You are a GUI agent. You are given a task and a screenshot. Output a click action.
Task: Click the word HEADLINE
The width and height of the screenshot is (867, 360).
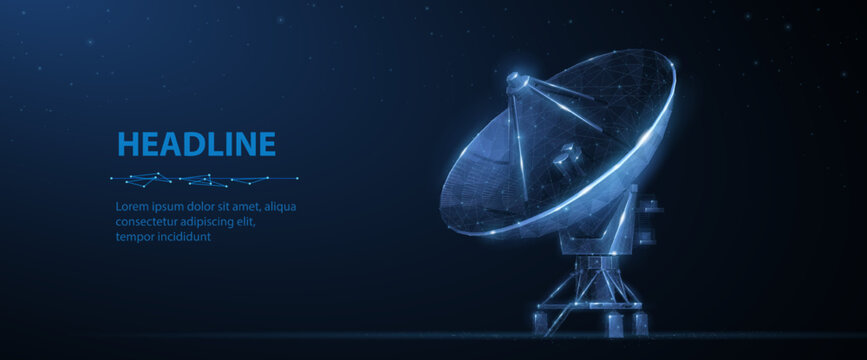pos(196,145)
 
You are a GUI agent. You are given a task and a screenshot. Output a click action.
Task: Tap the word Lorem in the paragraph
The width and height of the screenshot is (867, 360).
pos(133,207)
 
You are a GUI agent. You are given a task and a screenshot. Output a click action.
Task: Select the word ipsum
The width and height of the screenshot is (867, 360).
pos(172,207)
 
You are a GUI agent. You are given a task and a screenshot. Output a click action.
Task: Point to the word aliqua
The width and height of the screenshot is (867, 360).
pos(278,207)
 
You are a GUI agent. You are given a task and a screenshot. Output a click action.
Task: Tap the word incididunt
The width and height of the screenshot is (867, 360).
pos(185,237)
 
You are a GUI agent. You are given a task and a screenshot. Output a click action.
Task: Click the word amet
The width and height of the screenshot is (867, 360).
pos(249,207)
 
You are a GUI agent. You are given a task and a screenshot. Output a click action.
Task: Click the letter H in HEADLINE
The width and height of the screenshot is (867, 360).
pos(127,145)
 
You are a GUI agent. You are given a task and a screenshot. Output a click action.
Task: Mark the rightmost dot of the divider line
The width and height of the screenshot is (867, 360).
pos(297,178)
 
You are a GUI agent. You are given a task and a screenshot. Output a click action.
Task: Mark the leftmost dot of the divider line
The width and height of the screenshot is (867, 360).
pos(112,180)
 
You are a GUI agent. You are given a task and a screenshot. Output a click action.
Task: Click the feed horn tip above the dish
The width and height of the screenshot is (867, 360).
pos(514,79)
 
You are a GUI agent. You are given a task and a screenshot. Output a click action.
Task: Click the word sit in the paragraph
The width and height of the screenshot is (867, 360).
pos(230,207)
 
